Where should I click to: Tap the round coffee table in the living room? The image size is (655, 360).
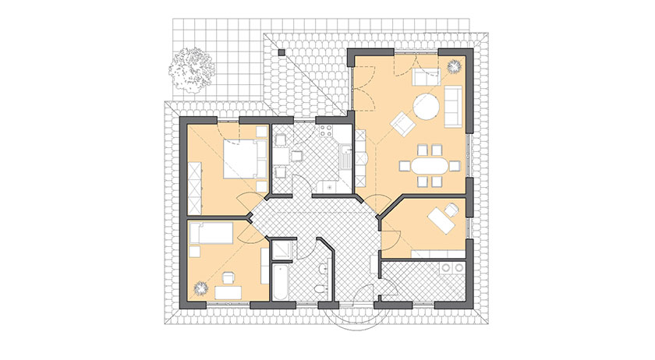pos(426,107)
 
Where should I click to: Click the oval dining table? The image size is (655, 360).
pos(425,165)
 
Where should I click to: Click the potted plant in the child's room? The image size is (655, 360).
pos(200,288)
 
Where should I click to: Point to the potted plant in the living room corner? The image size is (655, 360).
pos(454,69)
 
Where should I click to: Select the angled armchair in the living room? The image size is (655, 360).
pos(402,123)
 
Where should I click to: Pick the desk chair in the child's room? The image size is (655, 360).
pos(229,277)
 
